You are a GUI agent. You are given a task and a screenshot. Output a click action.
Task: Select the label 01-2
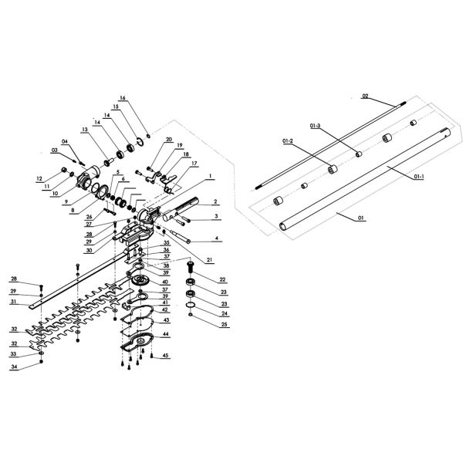[287, 141]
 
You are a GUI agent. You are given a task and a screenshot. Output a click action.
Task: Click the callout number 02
[366, 96]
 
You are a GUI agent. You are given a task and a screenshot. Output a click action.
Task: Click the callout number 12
[39, 178]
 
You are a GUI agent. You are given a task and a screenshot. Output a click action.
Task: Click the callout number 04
[65, 140]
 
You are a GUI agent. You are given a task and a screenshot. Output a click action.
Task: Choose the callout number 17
[194, 163]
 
